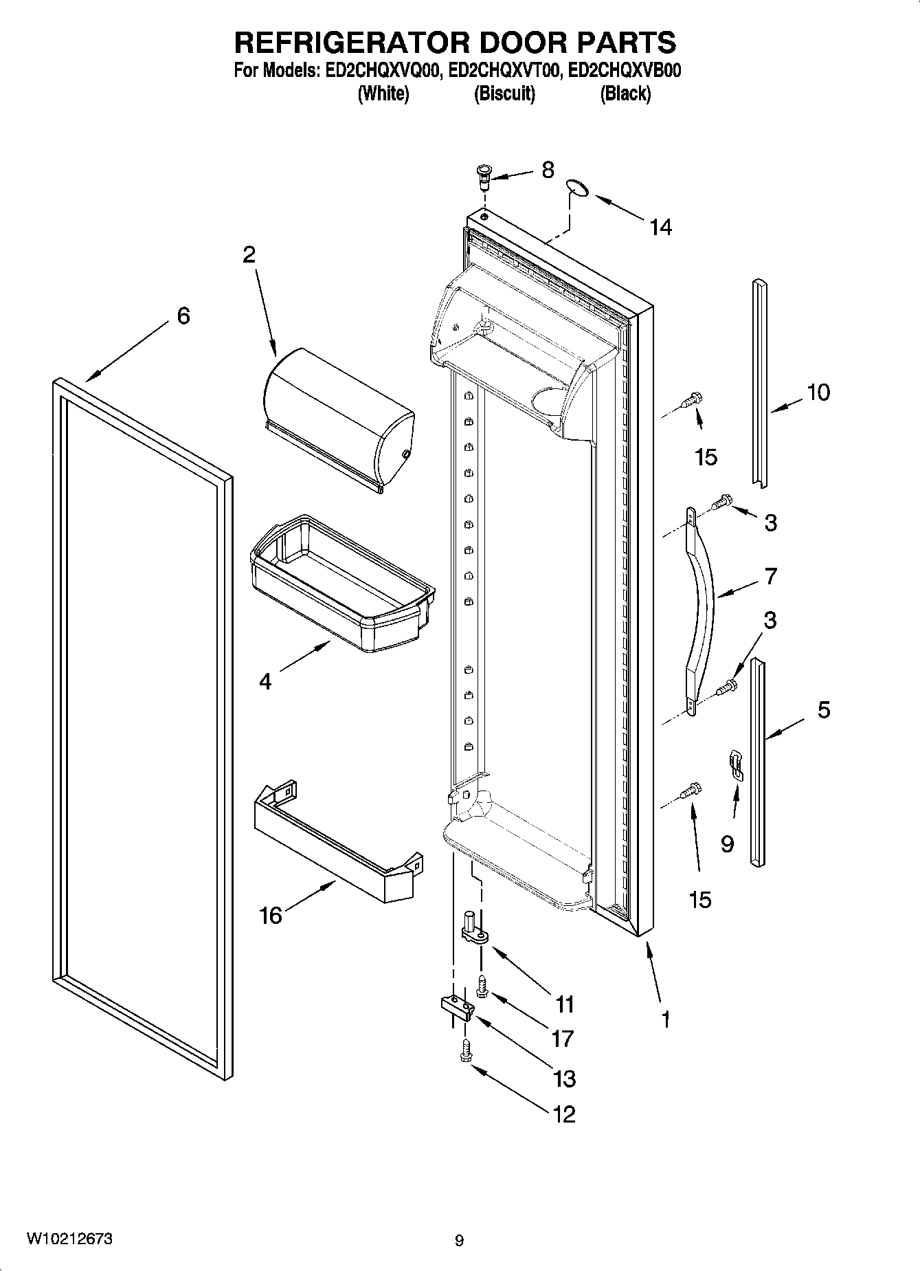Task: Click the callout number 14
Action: tap(660, 227)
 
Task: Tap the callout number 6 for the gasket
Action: tap(183, 316)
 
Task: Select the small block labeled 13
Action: tap(458, 1008)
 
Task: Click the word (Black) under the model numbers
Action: tap(625, 94)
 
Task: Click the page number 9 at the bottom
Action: tap(459, 1240)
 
